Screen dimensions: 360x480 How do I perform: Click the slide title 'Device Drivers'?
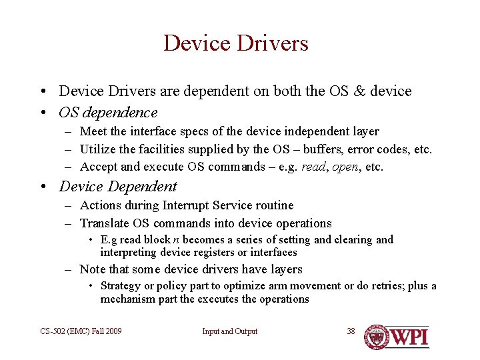tap(236, 43)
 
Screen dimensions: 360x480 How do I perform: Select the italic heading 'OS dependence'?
tap(108, 113)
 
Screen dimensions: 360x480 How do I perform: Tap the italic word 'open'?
tap(345, 167)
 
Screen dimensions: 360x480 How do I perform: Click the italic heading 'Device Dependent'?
tap(118, 187)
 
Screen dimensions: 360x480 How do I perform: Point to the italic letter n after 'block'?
tap(176, 240)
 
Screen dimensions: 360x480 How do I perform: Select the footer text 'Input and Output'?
tap(229, 331)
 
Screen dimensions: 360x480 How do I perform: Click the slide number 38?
tap(351, 331)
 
